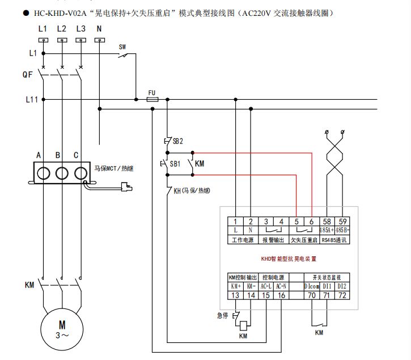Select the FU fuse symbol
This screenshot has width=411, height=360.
click(x=152, y=99)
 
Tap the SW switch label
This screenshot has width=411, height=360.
click(x=122, y=47)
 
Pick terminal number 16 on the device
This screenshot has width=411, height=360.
click(x=281, y=295)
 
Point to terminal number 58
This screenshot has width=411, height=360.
click(x=327, y=221)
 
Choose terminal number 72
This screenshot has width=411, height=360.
click(x=342, y=295)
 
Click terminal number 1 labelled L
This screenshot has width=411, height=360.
click(x=236, y=221)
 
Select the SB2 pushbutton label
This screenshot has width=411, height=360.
click(x=178, y=141)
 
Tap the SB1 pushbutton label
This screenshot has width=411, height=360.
click(x=176, y=163)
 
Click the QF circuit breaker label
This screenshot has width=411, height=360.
click(x=28, y=74)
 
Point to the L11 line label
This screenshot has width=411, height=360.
click(x=31, y=100)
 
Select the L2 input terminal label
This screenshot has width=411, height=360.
click(x=62, y=28)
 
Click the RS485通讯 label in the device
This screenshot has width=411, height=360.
click(x=334, y=240)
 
